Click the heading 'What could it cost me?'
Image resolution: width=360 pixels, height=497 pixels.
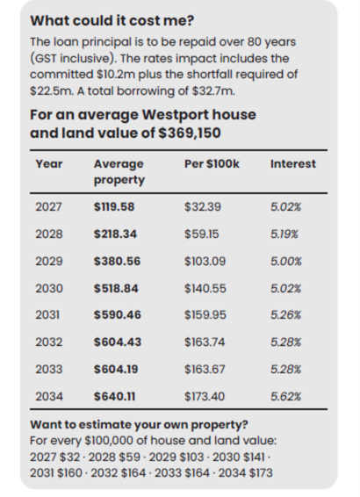[112, 20]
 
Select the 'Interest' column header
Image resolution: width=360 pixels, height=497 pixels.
[293, 164]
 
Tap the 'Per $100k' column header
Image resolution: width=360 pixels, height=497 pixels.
[212, 164]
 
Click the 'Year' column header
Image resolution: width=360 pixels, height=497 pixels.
[49, 164]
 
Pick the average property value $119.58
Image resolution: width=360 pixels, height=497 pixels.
[114, 207]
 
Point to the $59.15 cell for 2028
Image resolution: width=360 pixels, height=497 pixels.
[202, 234]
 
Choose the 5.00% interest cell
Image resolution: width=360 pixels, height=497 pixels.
[286, 262]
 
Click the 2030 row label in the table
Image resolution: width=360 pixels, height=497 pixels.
[49, 288]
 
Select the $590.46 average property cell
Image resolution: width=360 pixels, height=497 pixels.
[118, 314]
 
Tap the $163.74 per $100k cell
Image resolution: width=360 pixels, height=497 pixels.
[205, 342]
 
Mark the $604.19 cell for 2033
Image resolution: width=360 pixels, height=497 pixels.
[116, 370]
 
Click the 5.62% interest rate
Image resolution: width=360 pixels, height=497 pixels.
[285, 397]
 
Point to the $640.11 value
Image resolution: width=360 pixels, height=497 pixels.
[114, 397]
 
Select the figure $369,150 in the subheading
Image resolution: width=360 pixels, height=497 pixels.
[190, 133]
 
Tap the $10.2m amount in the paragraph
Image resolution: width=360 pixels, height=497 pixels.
[116, 75]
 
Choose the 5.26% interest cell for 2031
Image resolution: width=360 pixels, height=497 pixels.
[285, 314]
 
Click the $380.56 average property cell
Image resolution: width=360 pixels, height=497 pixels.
[117, 262]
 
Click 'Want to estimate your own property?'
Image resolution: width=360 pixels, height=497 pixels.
[139, 425]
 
